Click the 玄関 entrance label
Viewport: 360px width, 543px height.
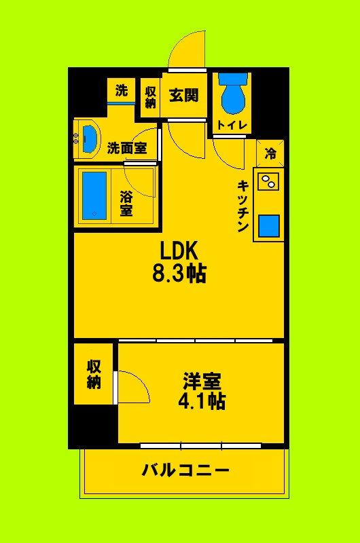pyautogui.click(x=183, y=96)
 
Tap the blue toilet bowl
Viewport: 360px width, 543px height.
pyautogui.click(x=232, y=97)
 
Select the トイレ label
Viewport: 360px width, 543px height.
pyautogui.click(x=232, y=125)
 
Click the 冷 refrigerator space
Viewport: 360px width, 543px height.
pyautogui.click(x=270, y=154)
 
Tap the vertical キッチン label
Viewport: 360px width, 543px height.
pyautogui.click(x=242, y=206)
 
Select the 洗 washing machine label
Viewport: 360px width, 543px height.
pyautogui.click(x=121, y=90)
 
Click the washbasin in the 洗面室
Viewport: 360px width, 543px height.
pyautogui.click(x=89, y=136)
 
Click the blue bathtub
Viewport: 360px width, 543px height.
pyautogui.click(x=94, y=195)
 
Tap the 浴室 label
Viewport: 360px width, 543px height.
pyautogui.click(x=126, y=204)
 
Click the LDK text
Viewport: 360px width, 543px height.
pyautogui.click(x=179, y=251)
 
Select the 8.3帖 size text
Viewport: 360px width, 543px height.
pyautogui.click(x=179, y=274)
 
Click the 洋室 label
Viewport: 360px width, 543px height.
pyautogui.click(x=202, y=381)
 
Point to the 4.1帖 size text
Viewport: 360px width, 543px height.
pyautogui.click(x=202, y=401)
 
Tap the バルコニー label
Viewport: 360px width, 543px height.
pyautogui.click(x=185, y=470)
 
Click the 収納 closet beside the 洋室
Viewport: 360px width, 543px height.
pyautogui.click(x=94, y=374)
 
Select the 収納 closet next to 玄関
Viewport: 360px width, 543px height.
pyautogui.click(x=150, y=96)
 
